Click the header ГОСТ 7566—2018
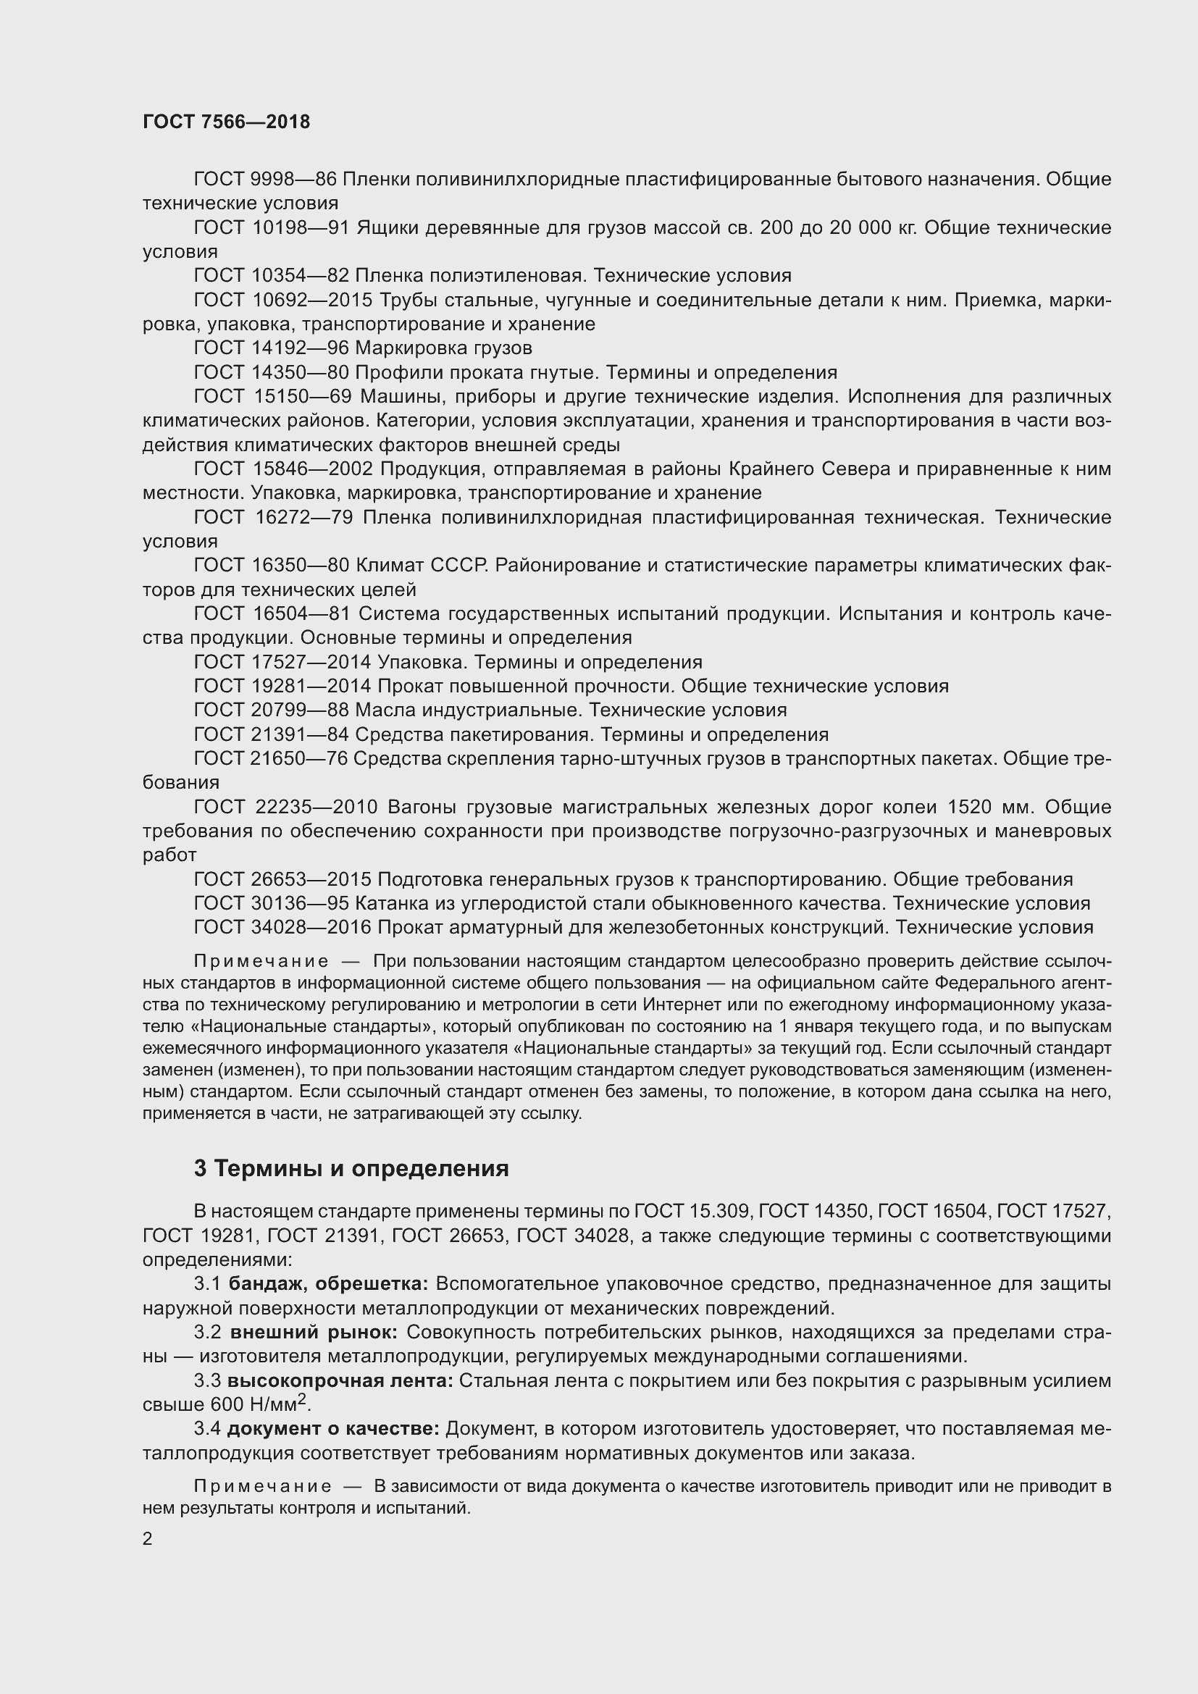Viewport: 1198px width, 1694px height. pyautogui.click(x=227, y=122)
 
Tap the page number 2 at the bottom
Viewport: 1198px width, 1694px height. pyautogui.click(x=148, y=1538)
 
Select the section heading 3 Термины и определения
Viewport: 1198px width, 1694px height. pyautogui.click(x=351, y=1169)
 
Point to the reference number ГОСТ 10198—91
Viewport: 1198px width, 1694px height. pyautogui.click(x=272, y=227)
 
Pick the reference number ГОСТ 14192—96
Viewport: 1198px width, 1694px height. pyautogui.click(x=271, y=348)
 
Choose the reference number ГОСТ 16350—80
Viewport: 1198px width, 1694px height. pyautogui.click(x=271, y=565)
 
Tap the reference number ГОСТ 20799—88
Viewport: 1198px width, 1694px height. pyautogui.click(x=271, y=710)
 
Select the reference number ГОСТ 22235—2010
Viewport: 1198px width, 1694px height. pyautogui.click(x=286, y=806)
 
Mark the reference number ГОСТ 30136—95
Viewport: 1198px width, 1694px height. pyautogui.click(x=271, y=903)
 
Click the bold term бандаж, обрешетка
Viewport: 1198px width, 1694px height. pyautogui.click(x=328, y=1284)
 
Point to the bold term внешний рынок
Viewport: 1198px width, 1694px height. pyautogui.click(x=314, y=1333)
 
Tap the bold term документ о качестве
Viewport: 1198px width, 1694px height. pyautogui.click(x=333, y=1429)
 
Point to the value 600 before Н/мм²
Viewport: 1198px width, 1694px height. pyautogui.click(x=227, y=1405)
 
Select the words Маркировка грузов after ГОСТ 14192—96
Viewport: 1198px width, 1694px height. pyautogui.click(x=443, y=348)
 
